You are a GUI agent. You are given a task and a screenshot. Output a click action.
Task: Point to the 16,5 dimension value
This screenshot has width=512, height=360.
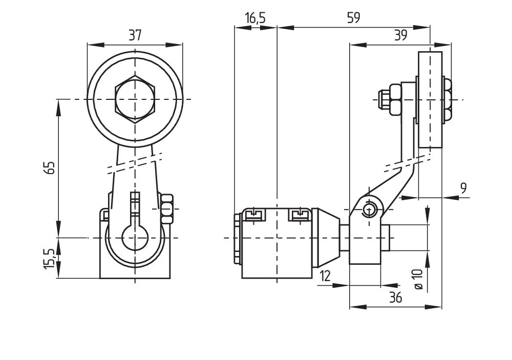pos(255,18)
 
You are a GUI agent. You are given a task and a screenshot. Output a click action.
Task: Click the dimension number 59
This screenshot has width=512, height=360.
pos(353,18)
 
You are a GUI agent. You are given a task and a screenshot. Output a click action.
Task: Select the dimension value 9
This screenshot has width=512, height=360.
pos(463,187)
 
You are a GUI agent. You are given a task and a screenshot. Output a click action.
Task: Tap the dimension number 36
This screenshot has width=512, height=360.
pos(395,297)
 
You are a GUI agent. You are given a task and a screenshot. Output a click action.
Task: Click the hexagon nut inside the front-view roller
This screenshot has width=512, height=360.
pos(135,99)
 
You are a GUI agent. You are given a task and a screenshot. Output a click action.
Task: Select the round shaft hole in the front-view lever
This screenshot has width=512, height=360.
pos(135,238)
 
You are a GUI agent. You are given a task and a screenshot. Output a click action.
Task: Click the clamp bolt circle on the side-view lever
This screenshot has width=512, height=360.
pos(369,209)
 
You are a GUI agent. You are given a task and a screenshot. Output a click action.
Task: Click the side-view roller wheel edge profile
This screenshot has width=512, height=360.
pos(430,100)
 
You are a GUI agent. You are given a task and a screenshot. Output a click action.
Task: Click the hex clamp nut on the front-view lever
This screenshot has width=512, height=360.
pos(166,208)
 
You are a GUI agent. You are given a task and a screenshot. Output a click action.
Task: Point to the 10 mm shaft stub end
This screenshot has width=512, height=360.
pos(387,238)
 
